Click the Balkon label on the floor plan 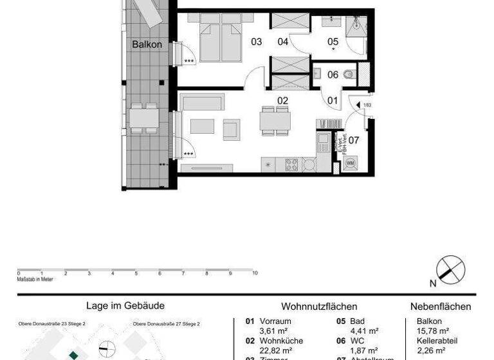pyautogui.click(x=147, y=45)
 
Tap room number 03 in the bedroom pyautogui.click(x=257, y=42)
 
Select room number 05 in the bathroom pyautogui.click(x=333, y=42)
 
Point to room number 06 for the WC pyautogui.click(x=333, y=75)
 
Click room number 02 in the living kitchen pyautogui.click(x=282, y=100)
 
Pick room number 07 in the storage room pyautogui.click(x=354, y=139)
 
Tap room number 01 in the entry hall pyautogui.click(x=333, y=100)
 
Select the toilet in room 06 pyautogui.click(x=349, y=74)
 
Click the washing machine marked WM pyautogui.click(x=351, y=163)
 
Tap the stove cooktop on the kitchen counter pyautogui.click(x=291, y=165)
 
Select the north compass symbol pyautogui.click(x=450, y=269)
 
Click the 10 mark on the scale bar pyautogui.click(x=255, y=273)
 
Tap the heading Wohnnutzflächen pyautogui.click(x=319, y=307)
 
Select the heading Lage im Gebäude pyautogui.click(x=125, y=306)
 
